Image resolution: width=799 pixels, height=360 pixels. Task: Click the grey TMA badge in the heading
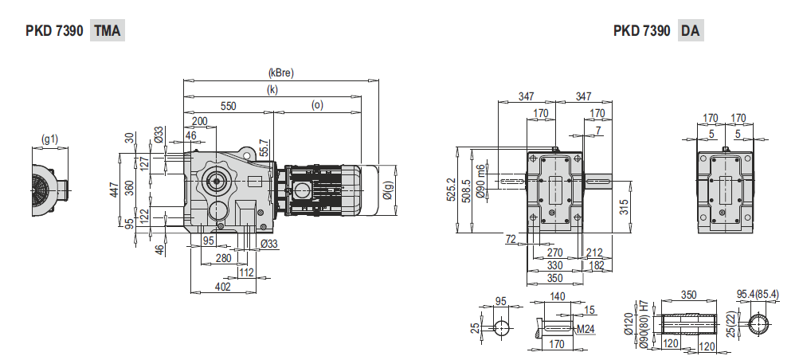tap(108, 31)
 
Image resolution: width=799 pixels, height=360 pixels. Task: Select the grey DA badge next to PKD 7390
tap(691, 31)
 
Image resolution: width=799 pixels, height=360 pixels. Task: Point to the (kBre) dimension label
tap(281, 72)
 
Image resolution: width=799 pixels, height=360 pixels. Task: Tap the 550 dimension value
tap(228, 105)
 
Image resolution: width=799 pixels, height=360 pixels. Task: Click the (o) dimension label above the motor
tap(317, 105)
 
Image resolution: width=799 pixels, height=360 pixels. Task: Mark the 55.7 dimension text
tap(264, 147)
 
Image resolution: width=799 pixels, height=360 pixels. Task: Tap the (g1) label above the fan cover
tap(49, 139)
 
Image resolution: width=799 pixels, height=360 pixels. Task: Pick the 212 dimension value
tap(593, 253)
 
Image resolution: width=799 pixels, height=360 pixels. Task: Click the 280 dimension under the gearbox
tap(223, 258)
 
